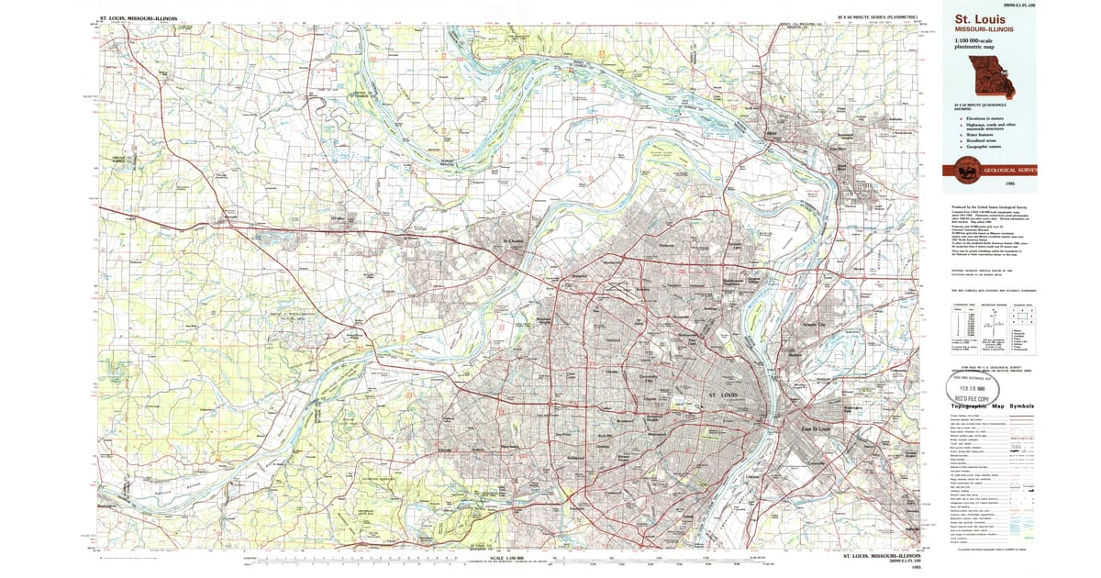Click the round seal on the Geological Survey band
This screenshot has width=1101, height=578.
coord(966,169)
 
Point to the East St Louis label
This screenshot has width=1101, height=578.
coord(815,428)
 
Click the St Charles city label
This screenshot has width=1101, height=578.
coord(512,243)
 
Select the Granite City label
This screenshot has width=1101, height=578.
coord(814,325)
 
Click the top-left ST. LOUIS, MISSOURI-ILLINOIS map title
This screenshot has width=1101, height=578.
coord(138,17)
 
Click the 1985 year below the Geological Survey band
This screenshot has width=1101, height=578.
coord(1009,184)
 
